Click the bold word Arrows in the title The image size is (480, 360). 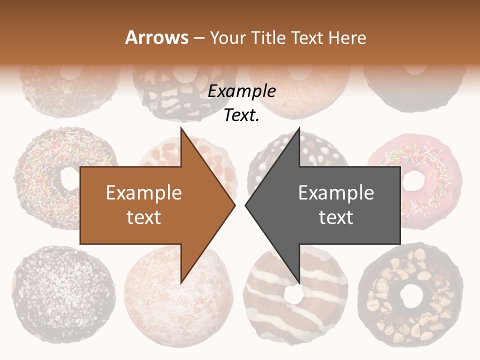coord(157,38)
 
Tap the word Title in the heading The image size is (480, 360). coord(267,38)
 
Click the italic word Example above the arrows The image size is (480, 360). coord(241,91)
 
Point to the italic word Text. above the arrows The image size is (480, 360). coord(241,115)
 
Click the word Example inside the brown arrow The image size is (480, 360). coord(143,193)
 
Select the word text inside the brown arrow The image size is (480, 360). coord(143,217)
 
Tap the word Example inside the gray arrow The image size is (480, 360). coord(336,193)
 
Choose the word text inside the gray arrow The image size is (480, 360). coord(336,217)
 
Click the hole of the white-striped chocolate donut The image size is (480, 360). coord(293,294)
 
